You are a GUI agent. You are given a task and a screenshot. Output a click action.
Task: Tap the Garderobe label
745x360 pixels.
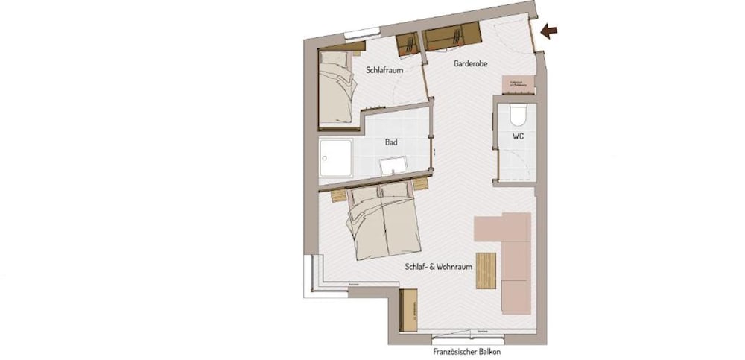click(470, 64)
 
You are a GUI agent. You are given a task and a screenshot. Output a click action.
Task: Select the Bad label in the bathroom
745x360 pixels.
click(390, 142)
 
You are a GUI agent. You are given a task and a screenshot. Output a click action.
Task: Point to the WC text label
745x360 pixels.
click(519, 137)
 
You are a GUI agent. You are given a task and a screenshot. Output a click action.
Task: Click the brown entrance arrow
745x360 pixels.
click(550, 31)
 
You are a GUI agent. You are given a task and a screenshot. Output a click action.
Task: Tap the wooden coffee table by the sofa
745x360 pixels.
click(486, 270)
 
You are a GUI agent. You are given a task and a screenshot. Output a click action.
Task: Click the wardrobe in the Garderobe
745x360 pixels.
click(451, 36)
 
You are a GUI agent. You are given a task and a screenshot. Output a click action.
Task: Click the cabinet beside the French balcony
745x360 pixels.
click(409, 309)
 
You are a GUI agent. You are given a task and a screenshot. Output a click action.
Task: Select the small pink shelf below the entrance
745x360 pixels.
click(518, 84)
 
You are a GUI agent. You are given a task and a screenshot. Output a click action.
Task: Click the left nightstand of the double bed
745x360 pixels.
click(339, 195)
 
